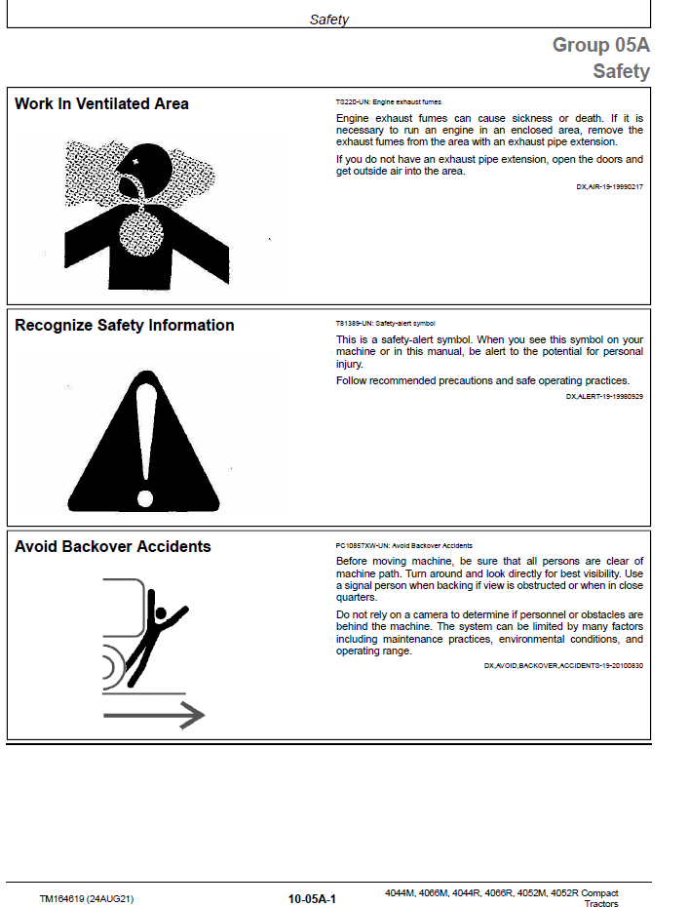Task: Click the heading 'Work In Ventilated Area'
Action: point(101,104)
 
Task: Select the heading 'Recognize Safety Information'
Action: point(125,325)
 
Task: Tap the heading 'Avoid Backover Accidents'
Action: point(113,546)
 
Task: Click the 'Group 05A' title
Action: point(601,45)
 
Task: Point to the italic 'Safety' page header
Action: point(328,20)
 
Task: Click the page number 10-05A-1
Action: point(312,899)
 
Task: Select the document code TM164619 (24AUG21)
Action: point(87,899)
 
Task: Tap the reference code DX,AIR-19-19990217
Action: point(609,187)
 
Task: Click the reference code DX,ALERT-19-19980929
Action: point(604,396)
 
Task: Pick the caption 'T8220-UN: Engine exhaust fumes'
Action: point(389,101)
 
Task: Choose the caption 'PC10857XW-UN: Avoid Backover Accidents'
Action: point(404,545)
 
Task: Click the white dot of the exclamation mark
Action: point(145,498)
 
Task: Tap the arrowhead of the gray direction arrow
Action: point(193,715)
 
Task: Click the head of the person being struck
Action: point(160,613)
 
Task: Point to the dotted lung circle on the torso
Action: point(141,234)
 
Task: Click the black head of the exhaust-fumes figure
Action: point(143,168)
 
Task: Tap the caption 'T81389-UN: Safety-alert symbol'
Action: point(386,324)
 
